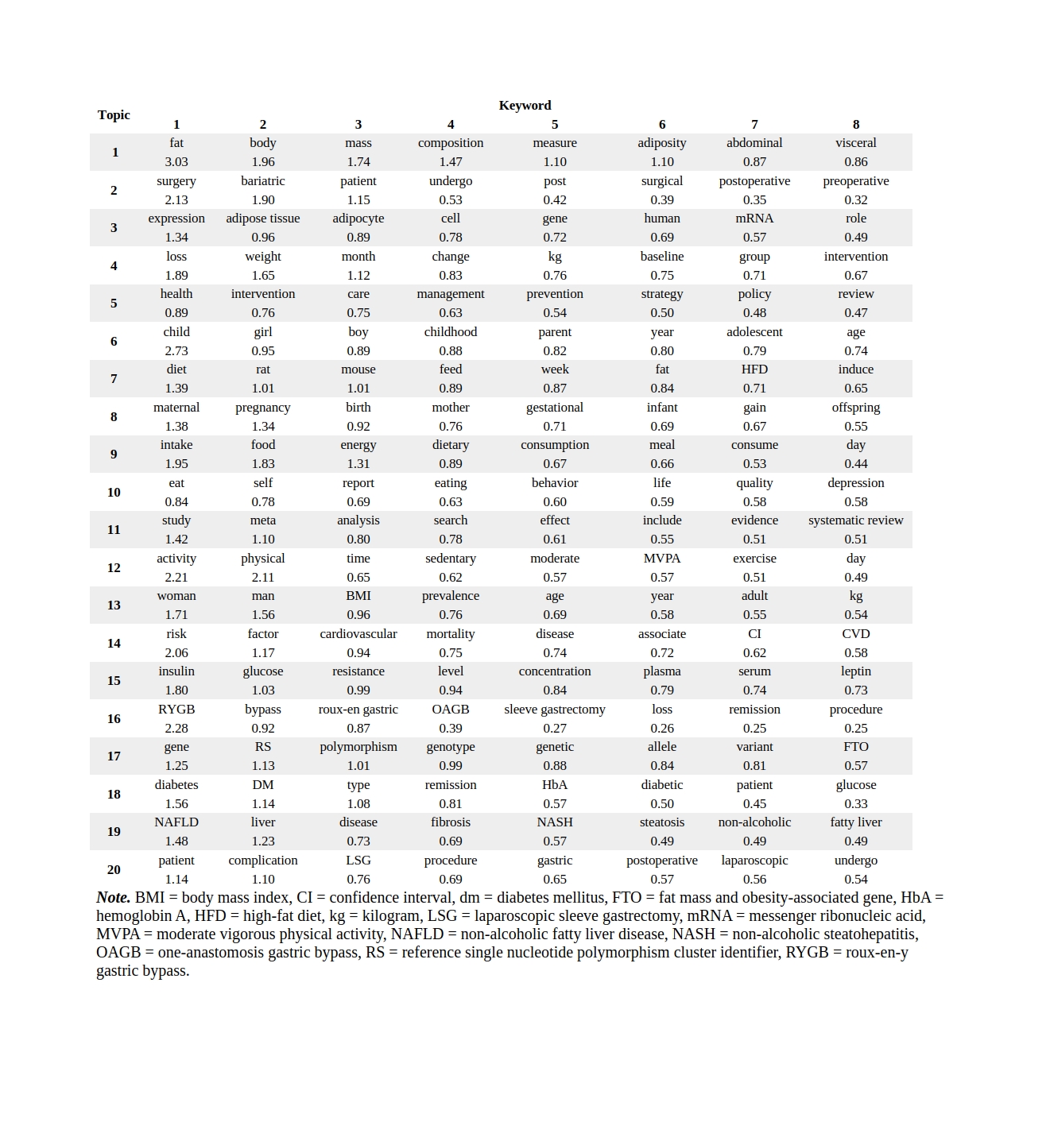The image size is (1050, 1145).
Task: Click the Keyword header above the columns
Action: pos(525,106)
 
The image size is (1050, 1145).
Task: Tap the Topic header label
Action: pos(114,115)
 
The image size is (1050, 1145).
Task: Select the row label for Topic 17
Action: pos(114,756)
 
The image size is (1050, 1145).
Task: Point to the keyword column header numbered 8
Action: pos(855,125)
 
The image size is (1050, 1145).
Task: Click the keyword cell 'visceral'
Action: pos(855,143)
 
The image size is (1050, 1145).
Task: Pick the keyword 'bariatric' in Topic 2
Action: pos(263,181)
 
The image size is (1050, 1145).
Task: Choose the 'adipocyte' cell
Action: pos(358,219)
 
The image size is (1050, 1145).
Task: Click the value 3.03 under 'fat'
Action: pos(176,162)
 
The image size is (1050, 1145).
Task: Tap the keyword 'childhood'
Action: pos(450,332)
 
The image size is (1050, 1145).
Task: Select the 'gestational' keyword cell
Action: pos(554,408)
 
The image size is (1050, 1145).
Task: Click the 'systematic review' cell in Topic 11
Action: pos(855,520)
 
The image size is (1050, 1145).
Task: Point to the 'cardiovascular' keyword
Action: pos(358,634)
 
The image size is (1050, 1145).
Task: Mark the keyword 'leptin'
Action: pos(855,671)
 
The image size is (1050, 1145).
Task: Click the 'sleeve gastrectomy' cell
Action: pos(554,710)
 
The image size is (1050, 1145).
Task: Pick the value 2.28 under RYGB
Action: pos(176,729)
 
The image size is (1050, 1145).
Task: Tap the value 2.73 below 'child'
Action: pos(176,351)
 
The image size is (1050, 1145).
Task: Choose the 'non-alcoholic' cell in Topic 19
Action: pos(754,822)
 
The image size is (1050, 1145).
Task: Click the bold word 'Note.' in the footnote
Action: pos(113,898)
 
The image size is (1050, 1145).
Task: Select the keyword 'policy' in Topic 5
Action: pos(754,294)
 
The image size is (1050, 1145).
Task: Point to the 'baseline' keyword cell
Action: pos(661,257)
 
